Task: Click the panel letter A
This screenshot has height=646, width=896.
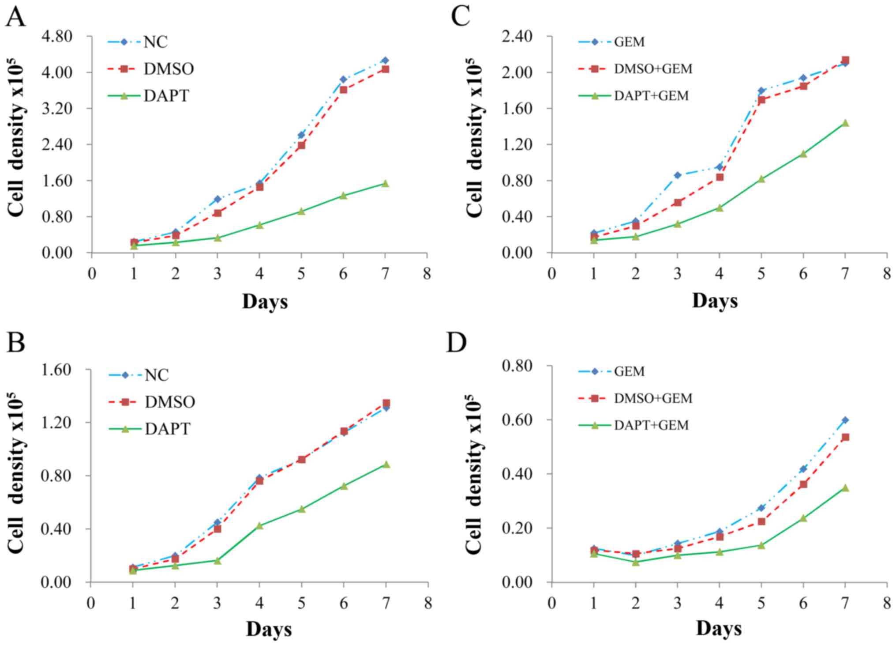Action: pyautogui.click(x=15, y=18)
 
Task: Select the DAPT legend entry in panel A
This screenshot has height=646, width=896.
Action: pyautogui.click(x=166, y=96)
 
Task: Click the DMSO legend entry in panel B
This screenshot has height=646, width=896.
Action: pyautogui.click(x=169, y=402)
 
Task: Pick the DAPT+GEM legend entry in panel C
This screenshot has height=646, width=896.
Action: pyautogui.click(x=651, y=96)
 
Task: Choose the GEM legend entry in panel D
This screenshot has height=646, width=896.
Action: pyautogui.click(x=629, y=371)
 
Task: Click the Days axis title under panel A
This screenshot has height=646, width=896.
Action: pyautogui.click(x=265, y=302)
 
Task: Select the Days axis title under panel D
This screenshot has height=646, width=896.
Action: pyautogui.click(x=719, y=629)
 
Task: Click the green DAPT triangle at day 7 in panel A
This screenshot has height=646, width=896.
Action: pyautogui.click(x=385, y=183)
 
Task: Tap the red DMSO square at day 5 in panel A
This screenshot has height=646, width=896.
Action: pyautogui.click(x=301, y=145)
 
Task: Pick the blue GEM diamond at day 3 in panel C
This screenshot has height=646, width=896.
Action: pyautogui.click(x=678, y=175)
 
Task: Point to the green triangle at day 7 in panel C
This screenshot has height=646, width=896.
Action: pyautogui.click(x=845, y=123)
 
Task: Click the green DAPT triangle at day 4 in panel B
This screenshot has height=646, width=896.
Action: pyautogui.click(x=259, y=525)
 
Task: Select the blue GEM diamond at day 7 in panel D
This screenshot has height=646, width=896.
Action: pyautogui.click(x=845, y=420)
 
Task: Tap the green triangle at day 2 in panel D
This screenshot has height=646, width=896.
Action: pyautogui.click(x=636, y=562)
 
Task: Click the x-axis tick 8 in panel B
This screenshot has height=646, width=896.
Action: pyautogui.click(x=428, y=603)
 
